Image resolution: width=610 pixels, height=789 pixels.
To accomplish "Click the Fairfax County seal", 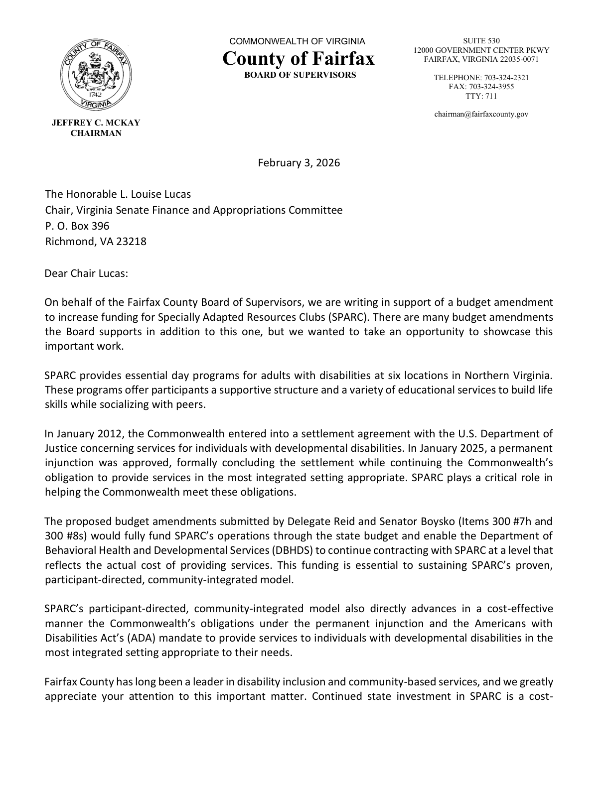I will (96, 76).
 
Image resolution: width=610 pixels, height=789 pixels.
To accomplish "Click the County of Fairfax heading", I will (298, 59).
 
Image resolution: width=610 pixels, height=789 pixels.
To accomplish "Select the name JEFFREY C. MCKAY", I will (96, 123).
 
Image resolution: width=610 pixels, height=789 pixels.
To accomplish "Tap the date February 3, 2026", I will (299, 163).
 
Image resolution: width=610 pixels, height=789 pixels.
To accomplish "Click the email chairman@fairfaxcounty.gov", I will (481, 114).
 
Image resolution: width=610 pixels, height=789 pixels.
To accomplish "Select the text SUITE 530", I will (481, 41).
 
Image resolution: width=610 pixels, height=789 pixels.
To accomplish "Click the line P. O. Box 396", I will (77, 226).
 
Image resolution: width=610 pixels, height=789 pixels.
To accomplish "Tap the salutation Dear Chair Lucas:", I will (86, 273).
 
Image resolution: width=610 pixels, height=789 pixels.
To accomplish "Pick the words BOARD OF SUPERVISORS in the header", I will (300, 75).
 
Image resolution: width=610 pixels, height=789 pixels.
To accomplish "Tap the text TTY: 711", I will (481, 96).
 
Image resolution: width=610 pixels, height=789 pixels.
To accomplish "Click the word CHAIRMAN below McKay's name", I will (96, 133).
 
